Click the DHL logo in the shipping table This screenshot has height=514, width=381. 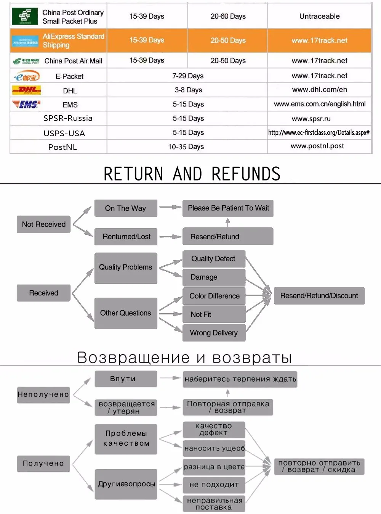click(x=26, y=90)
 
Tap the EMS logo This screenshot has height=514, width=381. click(x=26, y=104)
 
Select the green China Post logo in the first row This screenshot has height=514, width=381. click(x=25, y=16)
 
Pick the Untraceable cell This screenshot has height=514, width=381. click(x=319, y=16)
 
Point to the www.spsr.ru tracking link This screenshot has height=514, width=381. click(x=311, y=119)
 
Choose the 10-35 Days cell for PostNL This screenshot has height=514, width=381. click(x=186, y=147)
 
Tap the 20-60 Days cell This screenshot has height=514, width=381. click(x=228, y=16)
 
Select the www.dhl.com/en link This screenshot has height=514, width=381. click(x=319, y=90)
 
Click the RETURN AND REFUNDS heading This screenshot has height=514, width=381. click(x=192, y=174)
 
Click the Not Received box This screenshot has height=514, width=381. click(x=43, y=224)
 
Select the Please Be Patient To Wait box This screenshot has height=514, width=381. click(x=228, y=208)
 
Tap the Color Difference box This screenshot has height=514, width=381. click(x=214, y=296)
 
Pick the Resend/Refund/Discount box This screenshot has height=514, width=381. click(x=319, y=296)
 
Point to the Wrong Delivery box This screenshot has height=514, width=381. click(x=214, y=333)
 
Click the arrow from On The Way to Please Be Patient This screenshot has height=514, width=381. click(x=170, y=207)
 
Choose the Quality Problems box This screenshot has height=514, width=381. click(x=126, y=267)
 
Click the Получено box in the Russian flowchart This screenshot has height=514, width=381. click(x=43, y=464)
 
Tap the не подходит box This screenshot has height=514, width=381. click(x=214, y=485)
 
